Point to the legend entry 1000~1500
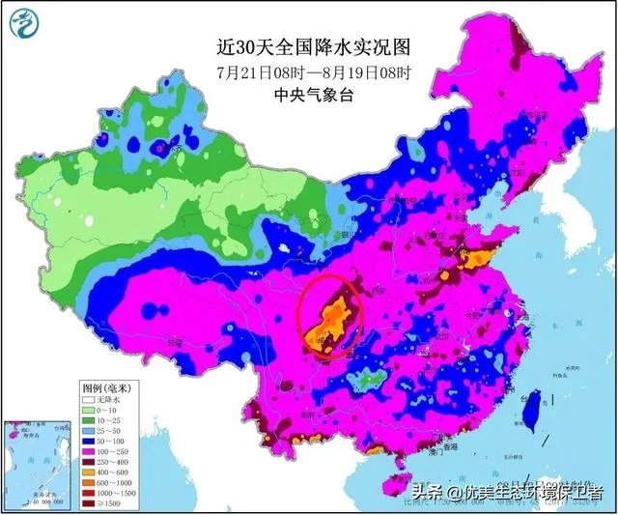point(104,494)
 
